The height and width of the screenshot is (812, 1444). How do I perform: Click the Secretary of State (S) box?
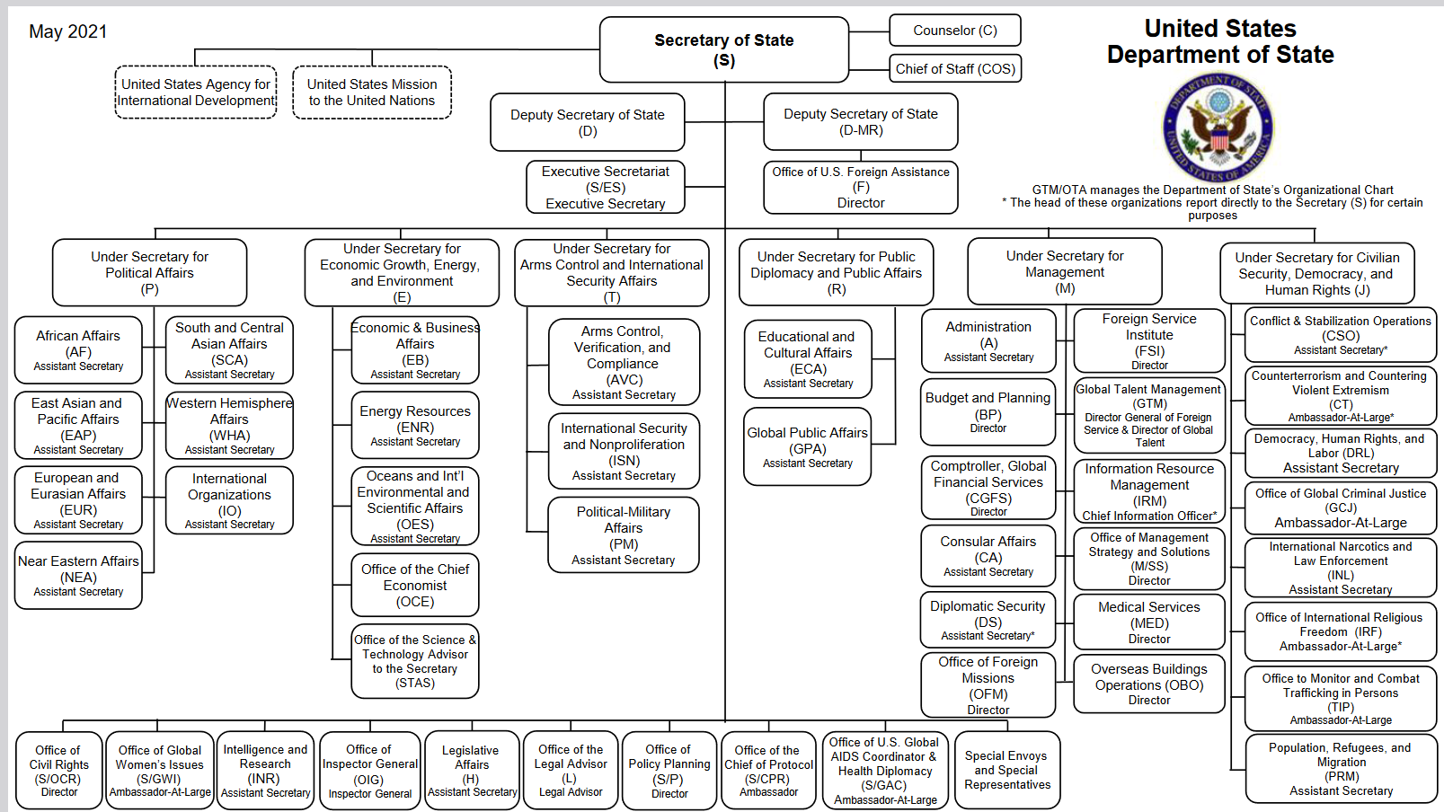tap(724, 49)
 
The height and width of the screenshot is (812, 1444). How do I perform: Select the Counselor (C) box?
tap(954, 31)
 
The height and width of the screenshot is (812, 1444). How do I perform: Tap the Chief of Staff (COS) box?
tap(954, 69)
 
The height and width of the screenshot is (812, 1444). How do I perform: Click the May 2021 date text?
tap(67, 31)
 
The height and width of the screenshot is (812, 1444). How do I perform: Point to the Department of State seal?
tap(1218, 128)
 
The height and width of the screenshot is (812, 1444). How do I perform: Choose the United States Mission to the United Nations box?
tap(372, 93)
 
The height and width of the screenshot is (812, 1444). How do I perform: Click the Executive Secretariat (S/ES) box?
tap(606, 188)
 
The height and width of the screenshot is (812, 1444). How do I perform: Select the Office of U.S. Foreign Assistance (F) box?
tap(861, 188)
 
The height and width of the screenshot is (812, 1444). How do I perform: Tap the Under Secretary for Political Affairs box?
tap(149, 272)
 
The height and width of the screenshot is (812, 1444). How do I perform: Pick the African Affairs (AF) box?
tap(78, 350)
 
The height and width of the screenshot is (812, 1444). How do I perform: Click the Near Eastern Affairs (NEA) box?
tap(78, 576)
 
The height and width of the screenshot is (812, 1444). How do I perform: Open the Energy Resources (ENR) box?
tap(415, 426)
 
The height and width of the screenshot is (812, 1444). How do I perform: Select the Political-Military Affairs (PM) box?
tap(624, 534)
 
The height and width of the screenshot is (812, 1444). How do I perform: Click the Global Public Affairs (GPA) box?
tap(807, 446)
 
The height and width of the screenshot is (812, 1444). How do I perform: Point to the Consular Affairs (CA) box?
tap(988, 555)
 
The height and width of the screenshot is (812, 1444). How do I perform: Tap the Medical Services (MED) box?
tap(1149, 622)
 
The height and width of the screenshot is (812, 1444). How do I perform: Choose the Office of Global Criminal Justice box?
tap(1341, 507)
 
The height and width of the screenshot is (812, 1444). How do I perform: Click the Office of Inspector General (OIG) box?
tap(370, 770)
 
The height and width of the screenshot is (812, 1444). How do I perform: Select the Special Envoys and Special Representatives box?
tap(1007, 770)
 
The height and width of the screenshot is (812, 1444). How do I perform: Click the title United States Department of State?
tap(1220, 41)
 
